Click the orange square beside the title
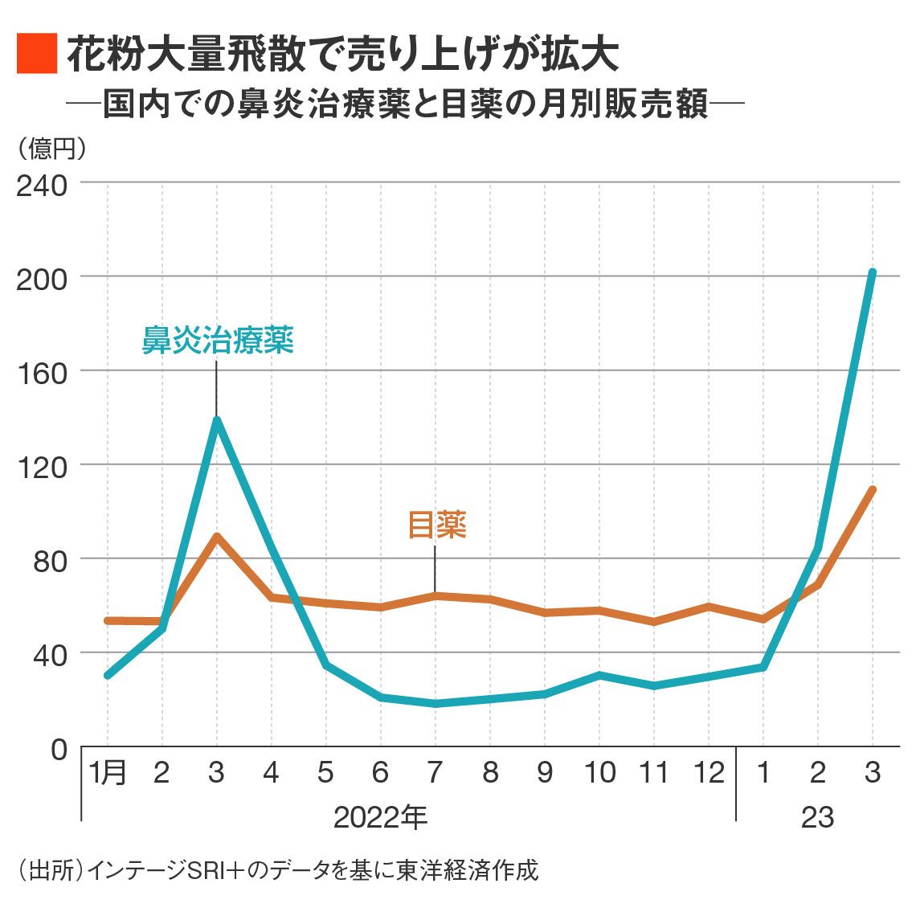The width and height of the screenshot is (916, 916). [36, 54]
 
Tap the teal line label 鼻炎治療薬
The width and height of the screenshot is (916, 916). [218, 340]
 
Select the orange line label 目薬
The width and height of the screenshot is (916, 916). [437, 525]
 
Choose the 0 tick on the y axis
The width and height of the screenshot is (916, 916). [59, 749]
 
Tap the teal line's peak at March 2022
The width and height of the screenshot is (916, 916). [217, 419]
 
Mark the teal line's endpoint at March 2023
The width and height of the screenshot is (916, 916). [872, 273]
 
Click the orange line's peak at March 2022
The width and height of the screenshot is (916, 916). [217, 536]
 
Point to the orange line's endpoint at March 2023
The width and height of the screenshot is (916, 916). [872, 489]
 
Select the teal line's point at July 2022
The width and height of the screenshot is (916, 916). [435, 704]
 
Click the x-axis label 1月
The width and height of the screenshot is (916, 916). [108, 773]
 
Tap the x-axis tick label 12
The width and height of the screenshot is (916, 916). [709, 773]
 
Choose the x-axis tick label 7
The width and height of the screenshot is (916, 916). [435, 773]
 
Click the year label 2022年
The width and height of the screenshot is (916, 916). [380, 817]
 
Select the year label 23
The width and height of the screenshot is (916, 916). [817, 817]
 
